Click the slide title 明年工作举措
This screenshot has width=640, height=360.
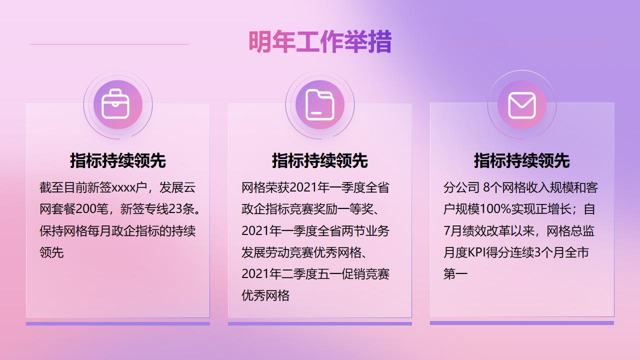tap(320, 41)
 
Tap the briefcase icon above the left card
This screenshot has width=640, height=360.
tap(115, 104)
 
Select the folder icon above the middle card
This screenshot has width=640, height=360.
tap(319, 105)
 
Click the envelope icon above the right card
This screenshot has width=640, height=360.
tap(522, 105)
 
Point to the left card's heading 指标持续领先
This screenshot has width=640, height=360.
tap(118, 160)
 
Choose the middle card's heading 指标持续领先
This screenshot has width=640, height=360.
tap(320, 160)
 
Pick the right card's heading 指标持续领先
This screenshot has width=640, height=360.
tap(522, 160)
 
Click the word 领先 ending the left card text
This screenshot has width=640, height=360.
tap(51, 252)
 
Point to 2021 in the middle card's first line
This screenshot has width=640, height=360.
tap(303, 187)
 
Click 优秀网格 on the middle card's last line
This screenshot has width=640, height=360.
tap(265, 295)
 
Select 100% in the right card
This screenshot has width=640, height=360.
tap(495, 209)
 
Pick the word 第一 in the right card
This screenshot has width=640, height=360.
tap(455, 274)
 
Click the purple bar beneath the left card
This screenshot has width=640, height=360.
tap(118, 323)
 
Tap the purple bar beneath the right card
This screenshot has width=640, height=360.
tap(522, 323)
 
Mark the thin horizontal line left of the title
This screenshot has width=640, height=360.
tap(109, 44)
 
